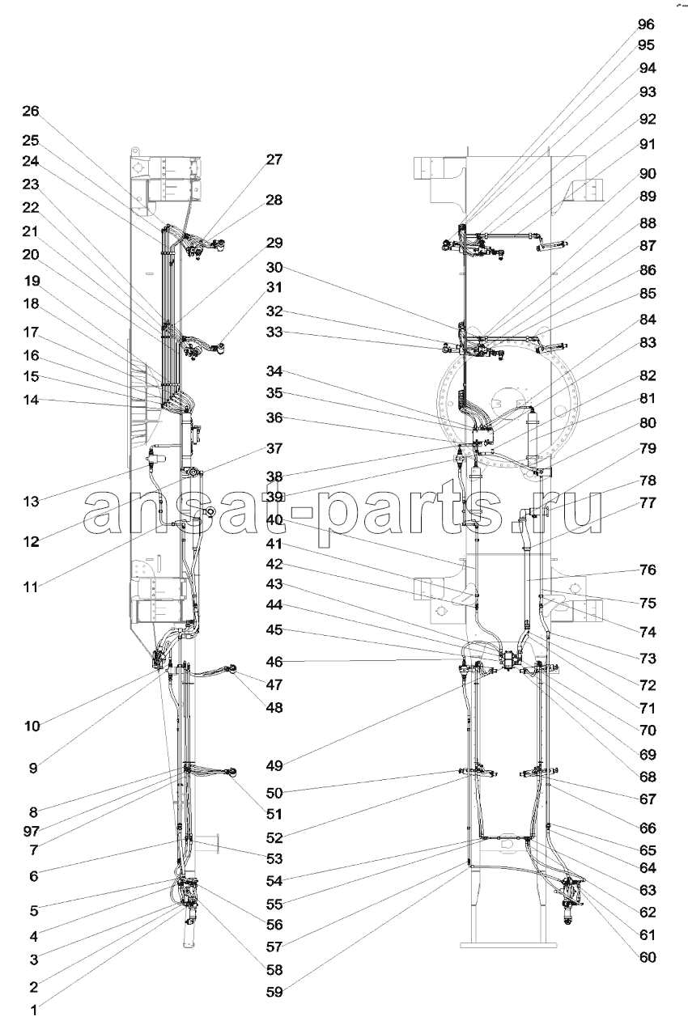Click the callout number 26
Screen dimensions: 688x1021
[31, 111]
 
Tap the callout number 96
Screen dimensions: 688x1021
[646, 24]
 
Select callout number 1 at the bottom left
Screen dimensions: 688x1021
[33, 1010]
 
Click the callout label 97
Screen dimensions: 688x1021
[32, 832]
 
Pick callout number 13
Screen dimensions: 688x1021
[32, 502]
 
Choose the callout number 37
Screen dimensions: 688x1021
[274, 448]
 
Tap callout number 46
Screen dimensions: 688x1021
[274, 661]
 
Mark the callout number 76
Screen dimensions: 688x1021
[648, 570]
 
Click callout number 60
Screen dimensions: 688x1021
[648, 957]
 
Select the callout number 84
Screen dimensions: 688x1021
[648, 320]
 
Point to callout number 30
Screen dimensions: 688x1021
[274, 267]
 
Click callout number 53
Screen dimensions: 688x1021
[274, 858]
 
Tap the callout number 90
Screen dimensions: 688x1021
[648, 174]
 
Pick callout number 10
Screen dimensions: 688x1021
[32, 726]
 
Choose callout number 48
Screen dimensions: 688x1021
[274, 707]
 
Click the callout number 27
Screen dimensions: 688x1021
[274, 159]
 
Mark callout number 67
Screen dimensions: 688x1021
[648, 799]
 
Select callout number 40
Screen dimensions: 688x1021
[274, 520]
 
